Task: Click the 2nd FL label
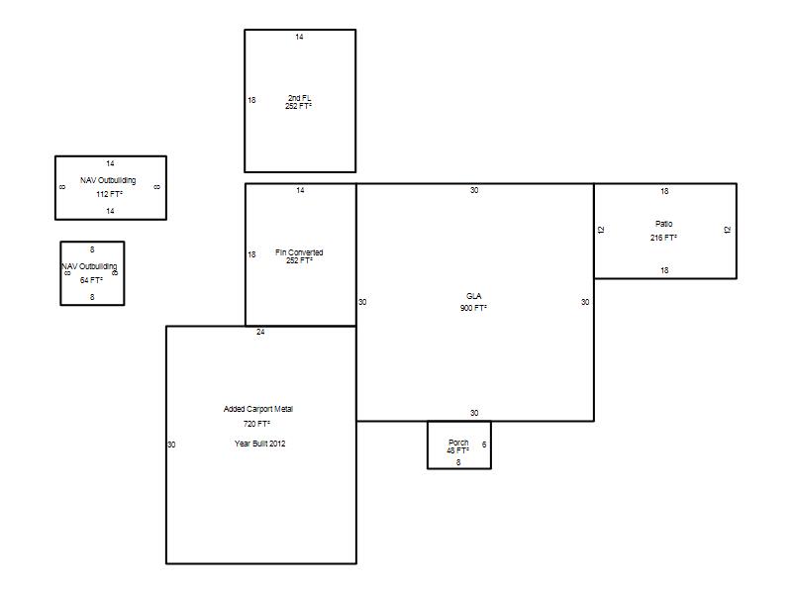300,97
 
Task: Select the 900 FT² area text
473,308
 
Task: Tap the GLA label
474,296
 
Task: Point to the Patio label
663,224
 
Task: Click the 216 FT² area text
663,238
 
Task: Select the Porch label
458,442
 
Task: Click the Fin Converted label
299,252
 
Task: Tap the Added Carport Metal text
258,409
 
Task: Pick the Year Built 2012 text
259,444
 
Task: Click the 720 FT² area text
256,424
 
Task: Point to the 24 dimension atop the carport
260,332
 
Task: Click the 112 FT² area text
109,194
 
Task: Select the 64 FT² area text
91,280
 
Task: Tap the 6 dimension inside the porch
484,445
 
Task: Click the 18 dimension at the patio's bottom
664,270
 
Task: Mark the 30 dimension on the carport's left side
171,445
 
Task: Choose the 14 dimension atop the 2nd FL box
300,37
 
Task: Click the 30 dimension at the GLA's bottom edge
474,413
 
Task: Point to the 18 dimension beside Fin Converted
251,254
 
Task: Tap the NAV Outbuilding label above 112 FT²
108,180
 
